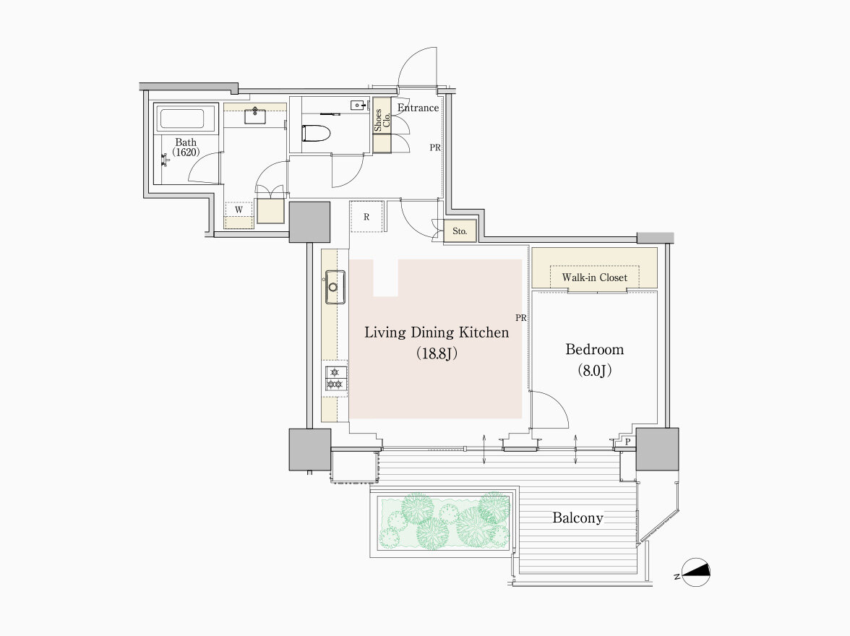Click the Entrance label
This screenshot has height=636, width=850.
tap(418, 108)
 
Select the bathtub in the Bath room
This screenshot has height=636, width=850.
tap(182, 119)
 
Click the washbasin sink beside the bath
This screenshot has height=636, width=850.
tap(254, 115)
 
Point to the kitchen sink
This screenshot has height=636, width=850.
tap(335, 286)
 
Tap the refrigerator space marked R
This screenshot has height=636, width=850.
tap(366, 217)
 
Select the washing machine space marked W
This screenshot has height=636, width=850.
tap(239, 210)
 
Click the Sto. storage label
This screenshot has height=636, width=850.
tap(460, 231)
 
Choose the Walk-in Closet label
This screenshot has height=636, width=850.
tap(595, 278)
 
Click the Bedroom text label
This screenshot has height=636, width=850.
tap(595, 349)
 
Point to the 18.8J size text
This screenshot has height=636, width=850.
tap(437, 353)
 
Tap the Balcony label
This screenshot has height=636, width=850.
tap(578, 517)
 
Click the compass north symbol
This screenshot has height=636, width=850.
tap(695, 572)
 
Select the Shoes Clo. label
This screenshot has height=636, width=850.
tap(382, 119)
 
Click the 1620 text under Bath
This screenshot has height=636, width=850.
tap(186, 152)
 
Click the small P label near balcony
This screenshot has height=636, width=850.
tap(627, 442)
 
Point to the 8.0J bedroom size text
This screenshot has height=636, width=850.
tap(595, 370)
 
